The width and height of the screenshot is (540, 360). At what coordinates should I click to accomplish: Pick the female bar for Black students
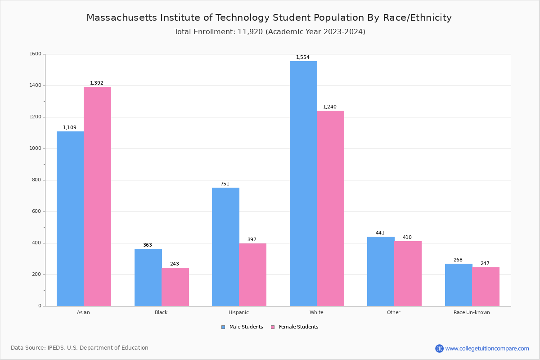[x=175, y=287]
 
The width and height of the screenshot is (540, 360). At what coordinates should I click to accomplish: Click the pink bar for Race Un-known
[x=486, y=287]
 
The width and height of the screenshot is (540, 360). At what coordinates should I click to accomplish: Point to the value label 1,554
[x=303, y=58]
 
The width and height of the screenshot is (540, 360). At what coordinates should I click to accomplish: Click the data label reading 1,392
[x=97, y=83]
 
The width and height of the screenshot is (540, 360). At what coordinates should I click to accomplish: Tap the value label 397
[x=252, y=240]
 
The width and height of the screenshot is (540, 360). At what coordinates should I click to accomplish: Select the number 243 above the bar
[x=175, y=264]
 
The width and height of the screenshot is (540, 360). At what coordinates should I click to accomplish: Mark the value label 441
[x=380, y=233]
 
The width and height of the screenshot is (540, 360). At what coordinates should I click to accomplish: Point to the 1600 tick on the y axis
[x=35, y=54]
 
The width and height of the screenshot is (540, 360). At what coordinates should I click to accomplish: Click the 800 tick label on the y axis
[x=36, y=180]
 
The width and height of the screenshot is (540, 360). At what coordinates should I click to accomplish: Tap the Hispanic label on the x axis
[x=238, y=312]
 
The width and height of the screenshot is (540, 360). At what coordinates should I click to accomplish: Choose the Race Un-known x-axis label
[x=472, y=312]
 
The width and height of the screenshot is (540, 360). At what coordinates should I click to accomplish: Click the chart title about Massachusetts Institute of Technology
[x=269, y=18]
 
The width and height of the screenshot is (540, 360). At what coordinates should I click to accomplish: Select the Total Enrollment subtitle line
[x=270, y=32]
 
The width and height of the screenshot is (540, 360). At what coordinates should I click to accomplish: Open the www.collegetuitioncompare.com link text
[x=487, y=348]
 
